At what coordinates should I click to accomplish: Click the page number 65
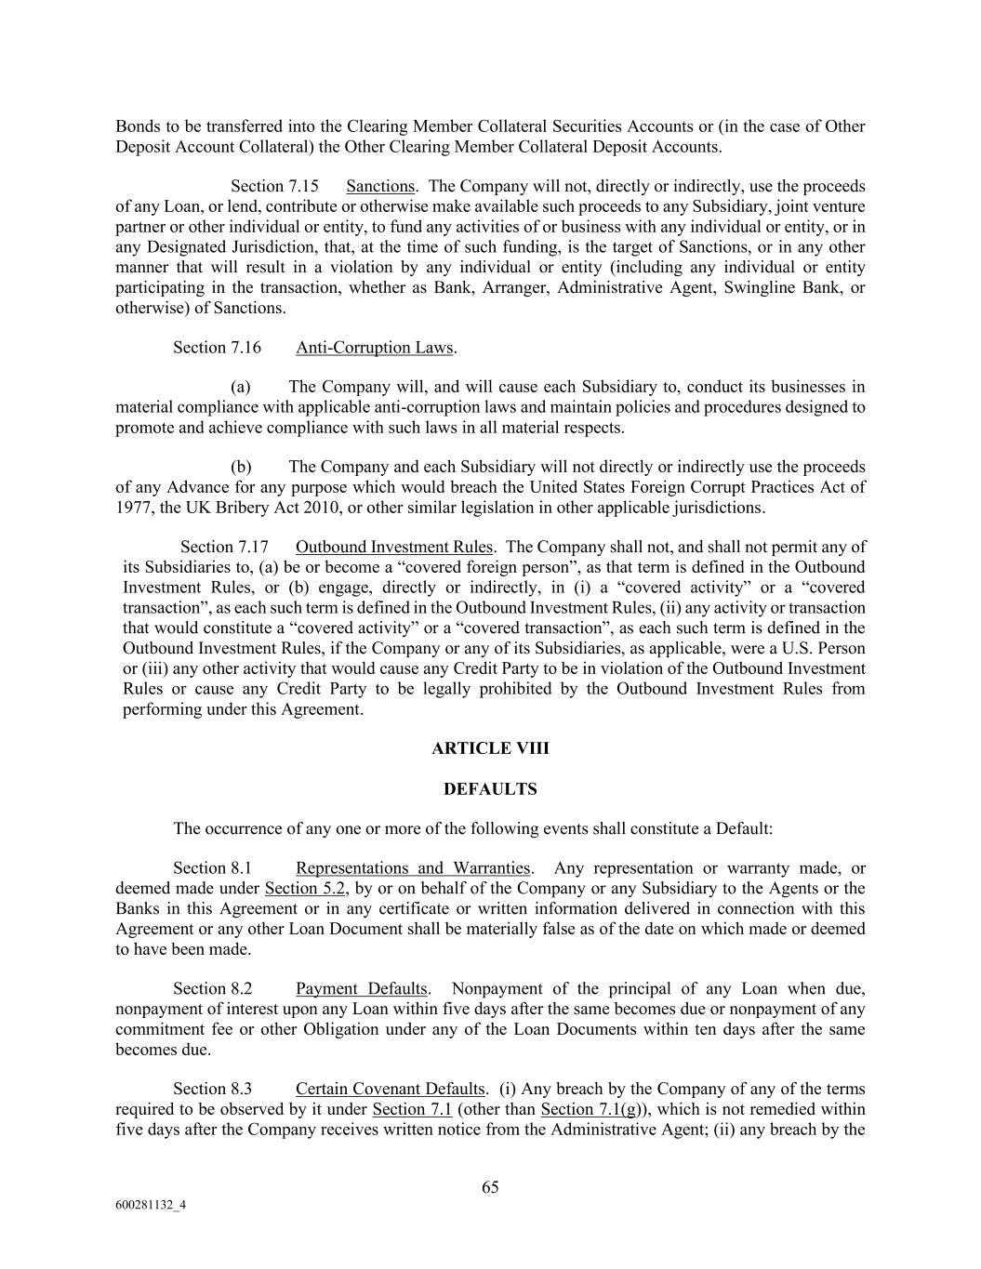(x=490, y=1187)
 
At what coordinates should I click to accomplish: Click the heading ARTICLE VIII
(x=490, y=748)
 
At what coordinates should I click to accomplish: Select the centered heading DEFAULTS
(x=490, y=789)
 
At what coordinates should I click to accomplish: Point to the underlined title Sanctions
(x=380, y=187)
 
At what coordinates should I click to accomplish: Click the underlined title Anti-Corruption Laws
(x=374, y=348)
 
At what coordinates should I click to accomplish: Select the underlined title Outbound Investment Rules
(x=394, y=547)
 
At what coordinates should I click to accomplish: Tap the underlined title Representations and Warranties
(x=413, y=868)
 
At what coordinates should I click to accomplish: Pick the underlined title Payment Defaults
(x=361, y=989)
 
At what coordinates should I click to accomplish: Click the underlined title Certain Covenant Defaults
(x=390, y=1090)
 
